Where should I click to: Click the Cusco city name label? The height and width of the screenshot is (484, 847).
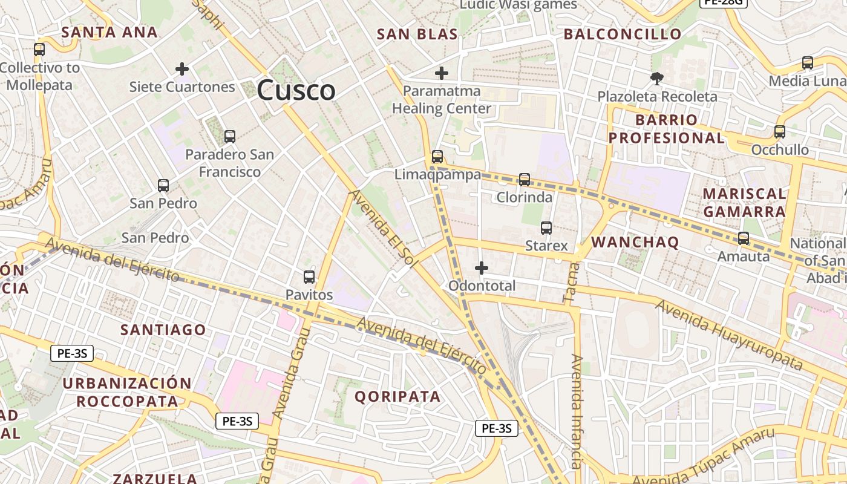click(296, 91)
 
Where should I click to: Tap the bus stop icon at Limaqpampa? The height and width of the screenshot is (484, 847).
click(437, 157)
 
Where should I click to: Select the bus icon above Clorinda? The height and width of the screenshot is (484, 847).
click(525, 179)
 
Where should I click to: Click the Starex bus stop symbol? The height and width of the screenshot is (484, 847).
click(546, 228)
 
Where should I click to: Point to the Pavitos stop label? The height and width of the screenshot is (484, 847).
click(309, 295)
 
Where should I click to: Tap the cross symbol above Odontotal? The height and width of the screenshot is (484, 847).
click(482, 267)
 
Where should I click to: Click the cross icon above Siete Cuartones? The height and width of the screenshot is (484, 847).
click(182, 69)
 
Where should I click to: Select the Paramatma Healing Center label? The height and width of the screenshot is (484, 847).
click(442, 100)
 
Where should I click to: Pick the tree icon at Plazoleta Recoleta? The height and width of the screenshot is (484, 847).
click(656, 78)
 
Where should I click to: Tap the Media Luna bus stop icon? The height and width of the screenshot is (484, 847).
click(808, 62)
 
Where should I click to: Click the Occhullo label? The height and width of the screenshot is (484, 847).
click(780, 150)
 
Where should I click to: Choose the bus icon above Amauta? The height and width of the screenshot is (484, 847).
click(744, 238)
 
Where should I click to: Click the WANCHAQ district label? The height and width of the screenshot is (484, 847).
click(635, 243)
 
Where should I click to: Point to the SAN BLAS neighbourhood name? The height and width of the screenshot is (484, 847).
click(417, 34)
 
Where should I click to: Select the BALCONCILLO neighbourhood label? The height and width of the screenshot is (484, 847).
click(623, 34)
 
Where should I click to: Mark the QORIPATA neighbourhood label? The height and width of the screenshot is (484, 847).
click(397, 397)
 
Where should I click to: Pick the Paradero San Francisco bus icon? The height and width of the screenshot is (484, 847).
click(229, 136)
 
